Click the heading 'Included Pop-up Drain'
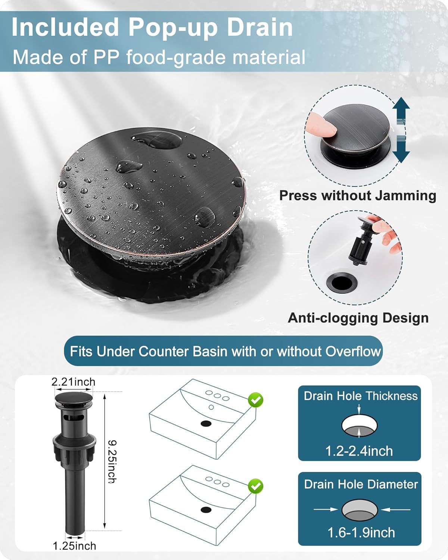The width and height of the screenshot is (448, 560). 152,27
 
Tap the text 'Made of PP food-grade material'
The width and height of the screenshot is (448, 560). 159,57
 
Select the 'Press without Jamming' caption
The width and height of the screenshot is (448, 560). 358,196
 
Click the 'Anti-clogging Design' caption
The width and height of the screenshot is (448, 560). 358,318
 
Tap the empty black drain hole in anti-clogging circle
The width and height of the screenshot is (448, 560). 341,282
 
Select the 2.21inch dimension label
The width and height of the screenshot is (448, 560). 73,382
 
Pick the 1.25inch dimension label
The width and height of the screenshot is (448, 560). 74,546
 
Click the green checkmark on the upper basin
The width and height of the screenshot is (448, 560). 256,401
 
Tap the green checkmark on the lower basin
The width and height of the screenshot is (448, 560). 256,486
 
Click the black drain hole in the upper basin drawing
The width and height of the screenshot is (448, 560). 206,423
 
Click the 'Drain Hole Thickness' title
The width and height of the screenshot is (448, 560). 360,396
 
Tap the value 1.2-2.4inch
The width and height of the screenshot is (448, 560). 359,451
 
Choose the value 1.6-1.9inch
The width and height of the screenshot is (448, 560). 361,532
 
